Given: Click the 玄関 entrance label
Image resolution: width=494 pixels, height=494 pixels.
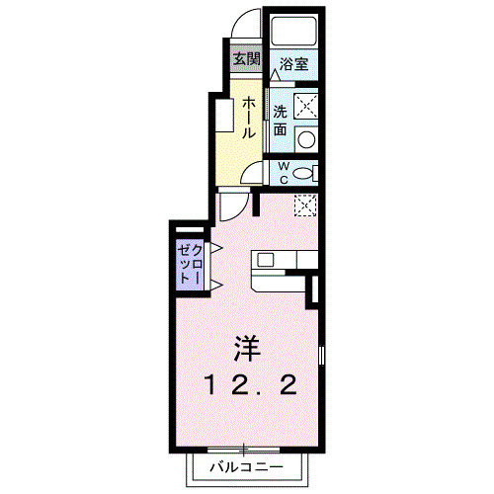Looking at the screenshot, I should pyautogui.click(x=246, y=58).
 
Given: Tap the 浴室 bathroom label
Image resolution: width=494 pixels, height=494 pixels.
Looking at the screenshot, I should pyautogui.click(x=293, y=63).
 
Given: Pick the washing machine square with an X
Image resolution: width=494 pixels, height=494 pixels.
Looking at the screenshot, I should pyautogui.click(x=306, y=103).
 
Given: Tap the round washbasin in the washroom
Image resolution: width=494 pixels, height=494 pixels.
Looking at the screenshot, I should pyautogui.click(x=307, y=137).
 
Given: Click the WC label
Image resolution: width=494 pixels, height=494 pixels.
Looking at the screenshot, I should pyautogui.click(x=282, y=172).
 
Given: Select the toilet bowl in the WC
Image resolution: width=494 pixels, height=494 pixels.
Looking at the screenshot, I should pyautogui.click(x=307, y=173).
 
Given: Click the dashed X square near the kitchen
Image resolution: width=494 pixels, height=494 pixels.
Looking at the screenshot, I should pyautogui.click(x=306, y=206).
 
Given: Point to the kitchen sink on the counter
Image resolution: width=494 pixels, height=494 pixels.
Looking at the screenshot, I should pyautogui.click(x=265, y=262).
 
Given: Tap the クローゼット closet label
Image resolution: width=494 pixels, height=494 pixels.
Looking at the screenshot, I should pyautogui.click(x=189, y=264).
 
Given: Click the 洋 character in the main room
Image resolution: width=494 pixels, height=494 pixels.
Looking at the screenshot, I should pyautogui.click(x=247, y=349).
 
